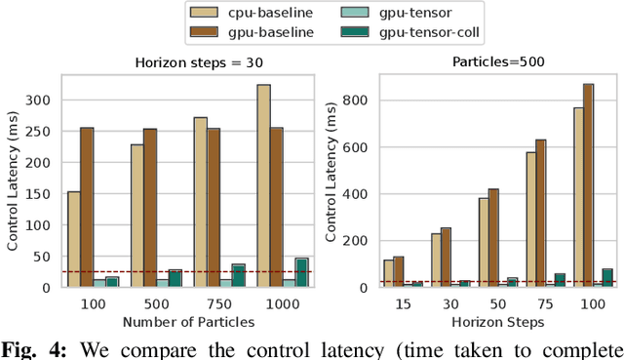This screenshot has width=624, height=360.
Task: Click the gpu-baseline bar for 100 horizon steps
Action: click(x=587, y=185)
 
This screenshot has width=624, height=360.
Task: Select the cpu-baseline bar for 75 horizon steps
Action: click(x=531, y=219)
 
